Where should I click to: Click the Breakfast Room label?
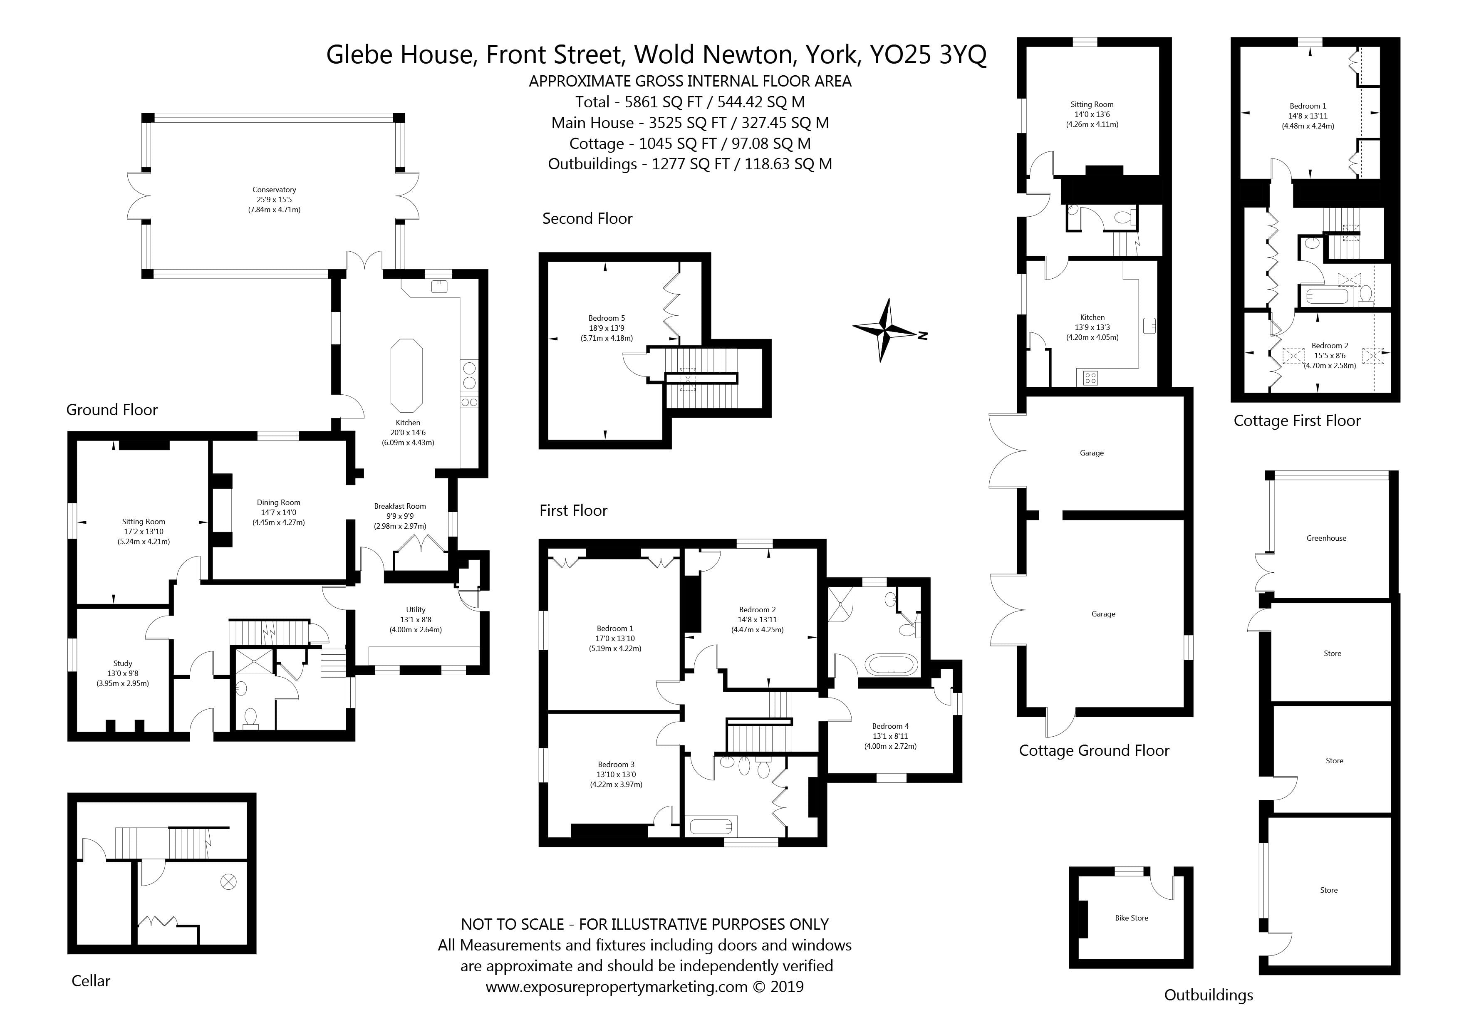click(x=400, y=507)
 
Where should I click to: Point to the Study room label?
click(x=123, y=663)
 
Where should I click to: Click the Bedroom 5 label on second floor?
click(x=606, y=318)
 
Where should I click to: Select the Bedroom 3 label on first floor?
click(x=616, y=765)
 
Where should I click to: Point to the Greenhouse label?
click(x=1326, y=538)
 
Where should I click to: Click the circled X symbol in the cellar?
click(x=228, y=881)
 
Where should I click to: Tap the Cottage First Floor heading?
click(x=1296, y=421)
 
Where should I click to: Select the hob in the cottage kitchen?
click(x=1090, y=378)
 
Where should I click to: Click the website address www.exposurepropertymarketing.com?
click(x=617, y=987)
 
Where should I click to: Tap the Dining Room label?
click(x=278, y=502)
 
